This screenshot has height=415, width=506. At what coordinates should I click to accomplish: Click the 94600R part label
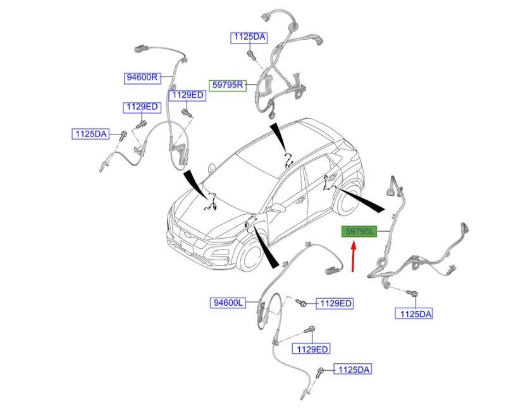pos(142,78)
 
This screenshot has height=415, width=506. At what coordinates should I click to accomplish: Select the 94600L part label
pos(228,303)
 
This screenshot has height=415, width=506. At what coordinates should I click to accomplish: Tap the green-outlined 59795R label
pos(228,85)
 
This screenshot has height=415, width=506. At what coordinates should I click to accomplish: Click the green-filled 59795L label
pos(359,231)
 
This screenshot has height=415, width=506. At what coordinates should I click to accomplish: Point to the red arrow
pos(354,257)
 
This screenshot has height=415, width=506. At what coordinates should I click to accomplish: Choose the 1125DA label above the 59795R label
pos(249,37)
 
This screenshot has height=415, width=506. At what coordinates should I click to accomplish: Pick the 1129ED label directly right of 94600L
pos(335,303)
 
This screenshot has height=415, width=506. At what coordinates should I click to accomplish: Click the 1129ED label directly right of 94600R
pos(187,95)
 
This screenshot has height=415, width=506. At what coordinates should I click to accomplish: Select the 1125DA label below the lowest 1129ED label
pos(353,370)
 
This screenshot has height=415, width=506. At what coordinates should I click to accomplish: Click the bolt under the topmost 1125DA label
pos(252,55)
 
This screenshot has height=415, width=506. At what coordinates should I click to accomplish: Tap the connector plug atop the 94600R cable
pos(140,49)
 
